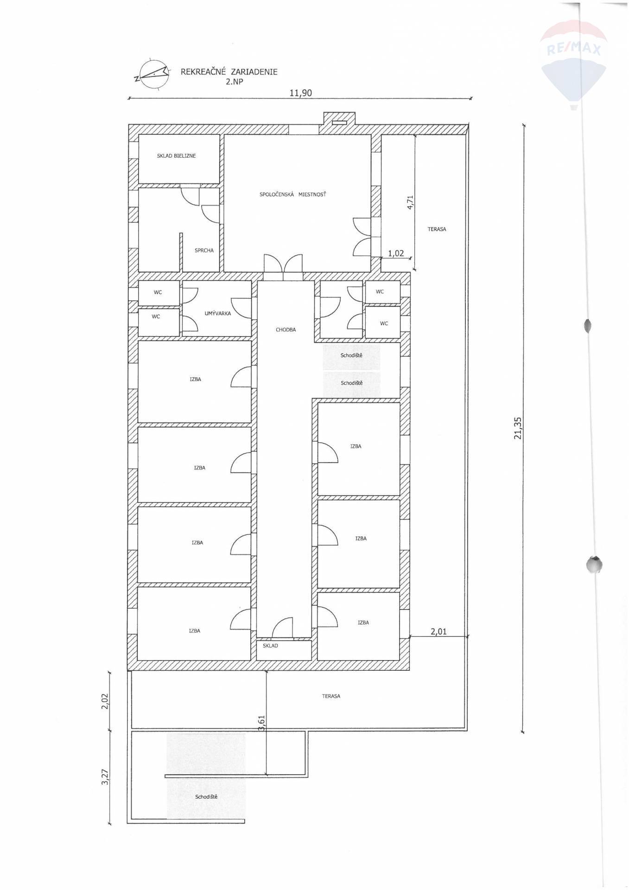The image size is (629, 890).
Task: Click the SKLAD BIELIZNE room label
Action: click(176, 156)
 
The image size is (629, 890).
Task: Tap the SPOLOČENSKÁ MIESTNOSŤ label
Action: click(292, 194)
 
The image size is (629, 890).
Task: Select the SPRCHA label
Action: click(204, 250)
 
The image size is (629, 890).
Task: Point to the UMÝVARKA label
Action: click(217, 313)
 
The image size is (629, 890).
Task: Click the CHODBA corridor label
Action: click(286, 330)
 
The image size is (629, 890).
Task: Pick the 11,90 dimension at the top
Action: click(300, 93)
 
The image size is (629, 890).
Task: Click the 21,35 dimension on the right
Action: click(518, 428)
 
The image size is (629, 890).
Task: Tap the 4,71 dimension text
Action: click(410, 203)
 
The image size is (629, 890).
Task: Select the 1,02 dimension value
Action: click(396, 254)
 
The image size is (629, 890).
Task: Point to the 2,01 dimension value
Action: click(438, 631)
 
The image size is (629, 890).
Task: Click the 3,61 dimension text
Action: click(261, 724)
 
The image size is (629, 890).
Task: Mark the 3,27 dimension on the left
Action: click(105, 776)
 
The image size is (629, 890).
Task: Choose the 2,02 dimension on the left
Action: click(105, 701)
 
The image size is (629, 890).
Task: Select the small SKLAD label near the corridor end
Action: click(270, 645)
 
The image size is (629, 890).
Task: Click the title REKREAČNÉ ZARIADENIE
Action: click(229, 72)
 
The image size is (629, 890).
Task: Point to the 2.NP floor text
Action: click(234, 81)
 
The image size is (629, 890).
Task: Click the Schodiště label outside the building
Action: click(206, 796)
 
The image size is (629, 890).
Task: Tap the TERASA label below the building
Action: click(331, 696)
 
